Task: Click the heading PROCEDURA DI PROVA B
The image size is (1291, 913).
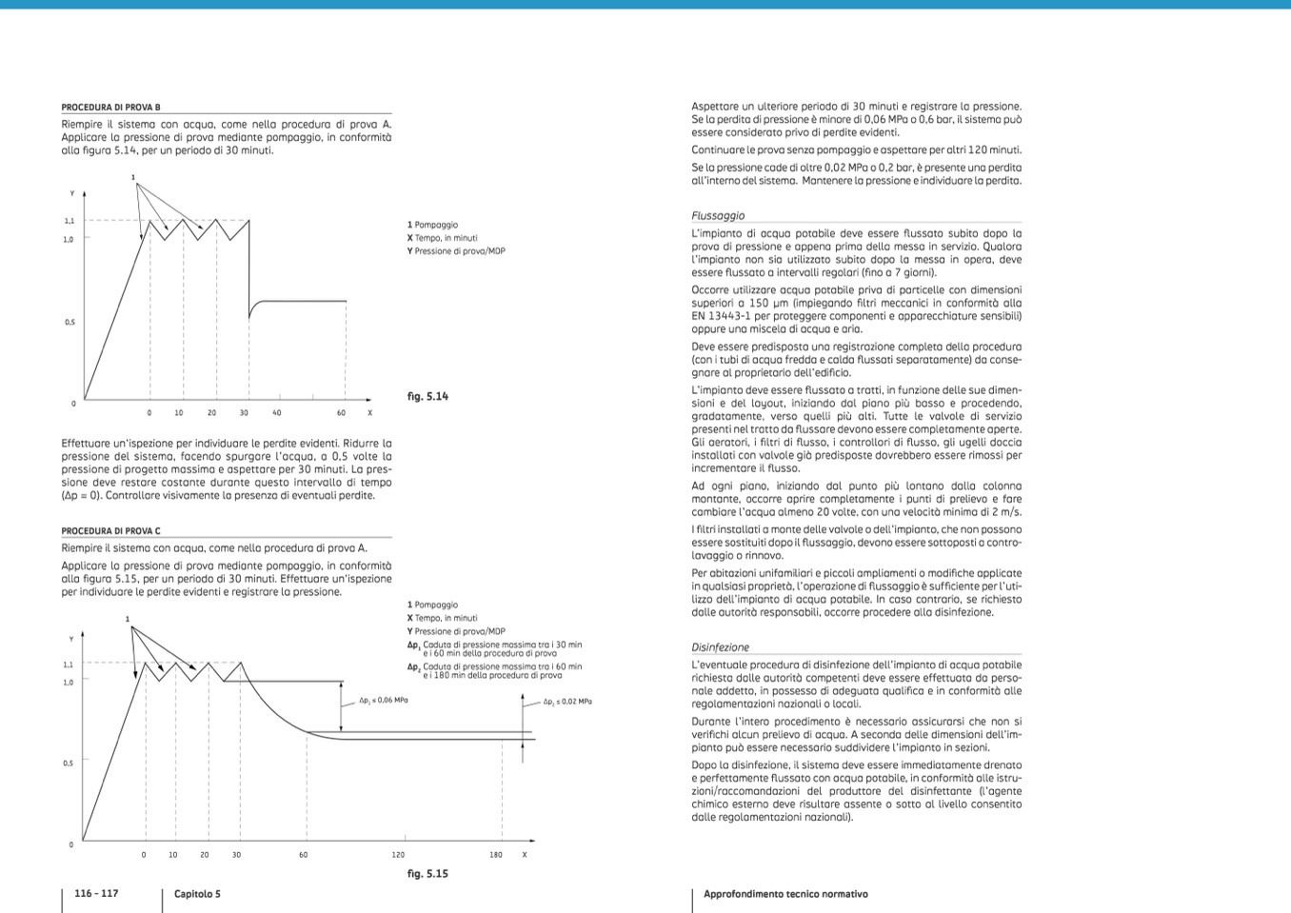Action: [x=111, y=108]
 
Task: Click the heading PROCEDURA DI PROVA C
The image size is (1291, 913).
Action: [x=111, y=531]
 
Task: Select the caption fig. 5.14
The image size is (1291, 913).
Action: [x=427, y=396]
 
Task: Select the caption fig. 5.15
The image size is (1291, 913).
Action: [x=427, y=873]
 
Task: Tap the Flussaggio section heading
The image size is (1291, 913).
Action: [x=718, y=216]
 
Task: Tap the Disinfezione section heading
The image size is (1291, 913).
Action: [x=720, y=647]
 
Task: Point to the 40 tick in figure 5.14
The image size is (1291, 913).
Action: [x=277, y=413]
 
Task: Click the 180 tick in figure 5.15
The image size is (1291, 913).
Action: [x=496, y=855]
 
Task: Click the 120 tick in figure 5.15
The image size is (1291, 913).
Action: [x=398, y=855]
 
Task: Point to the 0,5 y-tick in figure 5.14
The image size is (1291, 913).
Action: [x=70, y=323]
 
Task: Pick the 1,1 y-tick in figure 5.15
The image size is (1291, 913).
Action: [x=68, y=665]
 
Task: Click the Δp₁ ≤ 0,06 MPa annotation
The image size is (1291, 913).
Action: [x=384, y=701]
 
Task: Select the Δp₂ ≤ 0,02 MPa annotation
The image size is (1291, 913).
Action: [x=567, y=702]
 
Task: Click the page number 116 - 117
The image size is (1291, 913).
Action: [x=96, y=893]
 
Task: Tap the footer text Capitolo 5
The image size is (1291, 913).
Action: [x=197, y=894]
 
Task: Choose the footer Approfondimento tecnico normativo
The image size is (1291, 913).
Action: [x=785, y=894]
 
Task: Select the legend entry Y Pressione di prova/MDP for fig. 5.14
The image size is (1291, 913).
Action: [x=456, y=251]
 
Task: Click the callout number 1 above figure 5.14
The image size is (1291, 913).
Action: [x=133, y=177]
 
